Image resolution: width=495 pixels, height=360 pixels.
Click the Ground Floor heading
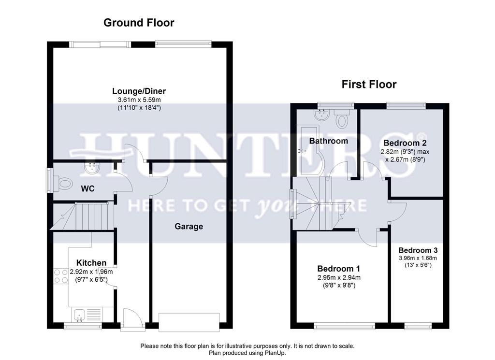(x=139, y=23)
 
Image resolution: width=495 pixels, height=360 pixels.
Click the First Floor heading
(x=369, y=85)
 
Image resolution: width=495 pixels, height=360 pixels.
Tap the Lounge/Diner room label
(x=139, y=91)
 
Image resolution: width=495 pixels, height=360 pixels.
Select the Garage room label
(x=189, y=226)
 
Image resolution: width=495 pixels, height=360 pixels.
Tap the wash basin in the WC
(x=90, y=169)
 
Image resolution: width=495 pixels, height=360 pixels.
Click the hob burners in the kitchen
(x=61, y=276)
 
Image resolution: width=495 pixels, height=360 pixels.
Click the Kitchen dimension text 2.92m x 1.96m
(x=91, y=272)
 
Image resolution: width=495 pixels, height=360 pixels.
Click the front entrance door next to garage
(x=131, y=321)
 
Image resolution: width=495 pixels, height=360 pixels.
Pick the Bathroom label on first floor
(x=329, y=141)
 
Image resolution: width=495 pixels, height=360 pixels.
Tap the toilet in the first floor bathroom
(x=343, y=117)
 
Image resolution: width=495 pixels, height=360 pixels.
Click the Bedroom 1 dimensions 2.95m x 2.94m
(x=338, y=277)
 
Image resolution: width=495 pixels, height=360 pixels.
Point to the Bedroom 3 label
(x=418, y=250)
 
